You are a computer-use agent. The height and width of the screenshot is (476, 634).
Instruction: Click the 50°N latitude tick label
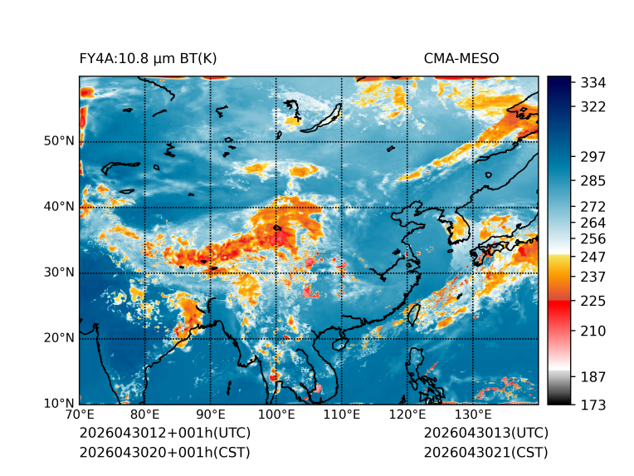(x=59, y=141)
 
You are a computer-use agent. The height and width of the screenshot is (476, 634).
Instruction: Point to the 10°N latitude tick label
(x=59, y=403)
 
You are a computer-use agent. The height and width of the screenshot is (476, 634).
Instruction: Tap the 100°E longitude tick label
(x=276, y=415)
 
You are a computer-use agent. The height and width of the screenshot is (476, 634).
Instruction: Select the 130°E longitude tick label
(x=474, y=415)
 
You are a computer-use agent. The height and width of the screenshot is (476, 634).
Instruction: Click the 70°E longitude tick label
(x=80, y=415)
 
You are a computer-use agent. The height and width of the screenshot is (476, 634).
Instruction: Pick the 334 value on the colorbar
(x=593, y=83)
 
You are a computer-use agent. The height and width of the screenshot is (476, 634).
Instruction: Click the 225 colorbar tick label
(x=593, y=302)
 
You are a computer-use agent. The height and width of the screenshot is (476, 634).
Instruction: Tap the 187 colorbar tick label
(x=593, y=377)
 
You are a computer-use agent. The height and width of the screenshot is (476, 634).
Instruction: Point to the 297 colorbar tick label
(x=593, y=157)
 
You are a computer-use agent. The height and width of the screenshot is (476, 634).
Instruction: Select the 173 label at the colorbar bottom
(x=593, y=405)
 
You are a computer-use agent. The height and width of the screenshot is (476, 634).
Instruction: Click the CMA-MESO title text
(x=461, y=59)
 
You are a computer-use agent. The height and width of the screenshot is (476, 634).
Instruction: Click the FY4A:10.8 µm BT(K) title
(x=148, y=59)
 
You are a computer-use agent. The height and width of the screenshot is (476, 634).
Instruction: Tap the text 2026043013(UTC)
(x=486, y=433)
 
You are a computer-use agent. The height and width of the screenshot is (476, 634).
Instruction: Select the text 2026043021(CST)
(x=486, y=453)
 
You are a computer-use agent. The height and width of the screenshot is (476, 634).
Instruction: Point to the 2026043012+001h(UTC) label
(x=165, y=433)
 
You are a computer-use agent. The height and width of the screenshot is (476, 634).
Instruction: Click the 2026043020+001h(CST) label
(x=165, y=453)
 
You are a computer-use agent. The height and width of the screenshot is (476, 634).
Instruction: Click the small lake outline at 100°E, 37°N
(x=277, y=228)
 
